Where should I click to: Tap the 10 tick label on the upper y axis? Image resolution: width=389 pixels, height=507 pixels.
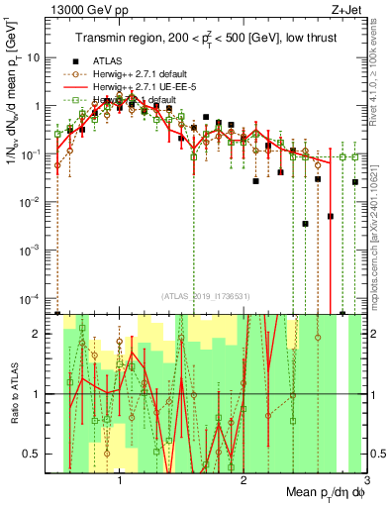[33, 57]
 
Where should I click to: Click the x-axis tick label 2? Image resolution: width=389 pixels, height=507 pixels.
[243, 483]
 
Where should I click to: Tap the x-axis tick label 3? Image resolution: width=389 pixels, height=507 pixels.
[365, 483]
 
